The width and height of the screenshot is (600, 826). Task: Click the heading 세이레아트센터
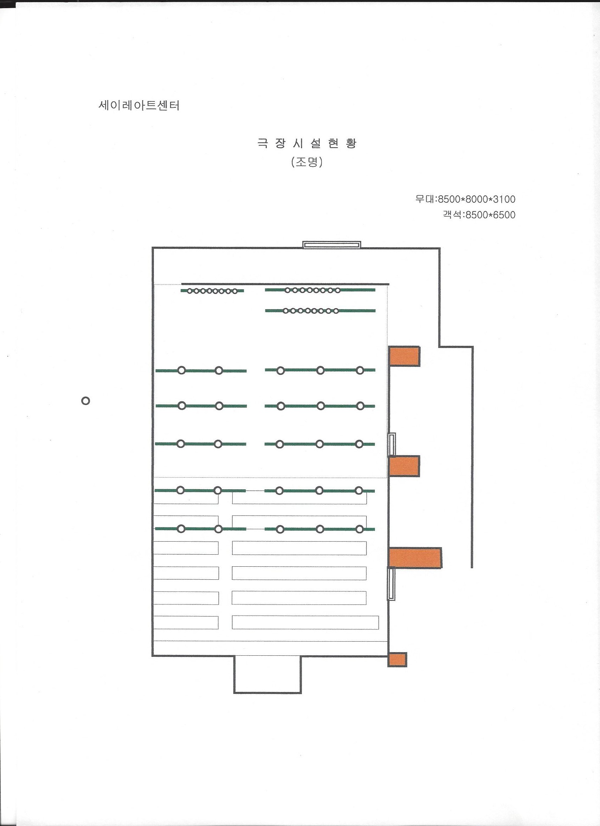pyautogui.click(x=139, y=106)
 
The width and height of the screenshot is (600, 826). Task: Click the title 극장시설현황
pyautogui.click(x=307, y=143)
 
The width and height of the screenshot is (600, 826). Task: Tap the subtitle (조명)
pyautogui.click(x=307, y=163)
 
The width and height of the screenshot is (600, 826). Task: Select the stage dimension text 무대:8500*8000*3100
pyautogui.click(x=466, y=199)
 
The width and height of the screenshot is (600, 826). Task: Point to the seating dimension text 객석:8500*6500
pyautogui.click(x=479, y=215)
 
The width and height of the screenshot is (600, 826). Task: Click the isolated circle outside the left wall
pyautogui.click(x=85, y=401)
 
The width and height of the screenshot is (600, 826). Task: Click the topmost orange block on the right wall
pyautogui.click(x=404, y=356)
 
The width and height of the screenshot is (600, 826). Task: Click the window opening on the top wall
pyautogui.click(x=332, y=244)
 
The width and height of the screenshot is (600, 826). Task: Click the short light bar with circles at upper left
pyautogui.click(x=212, y=291)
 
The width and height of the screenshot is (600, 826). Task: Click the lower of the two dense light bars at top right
pyautogui.click(x=320, y=311)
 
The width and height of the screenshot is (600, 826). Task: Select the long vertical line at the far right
pyautogui.click(x=472, y=457)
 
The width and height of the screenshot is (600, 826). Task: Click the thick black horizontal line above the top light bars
pyautogui.click(x=285, y=284)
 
